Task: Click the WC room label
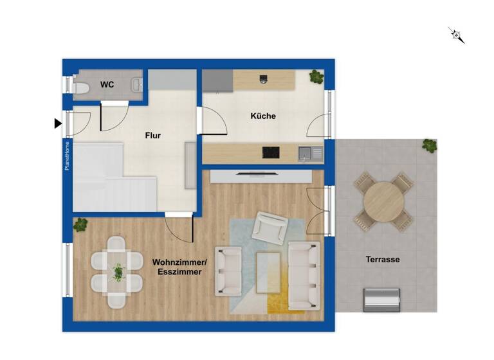pyautogui.click(x=107, y=84)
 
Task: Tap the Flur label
pyautogui.click(x=152, y=136)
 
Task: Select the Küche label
pyautogui.click(x=263, y=116)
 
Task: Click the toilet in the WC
pyautogui.click(x=81, y=88)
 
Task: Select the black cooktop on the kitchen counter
pyautogui.click(x=271, y=152)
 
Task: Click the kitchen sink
pyautogui.click(x=310, y=153)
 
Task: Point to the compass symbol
pyautogui.click(x=457, y=35)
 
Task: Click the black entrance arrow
pyautogui.click(x=58, y=123)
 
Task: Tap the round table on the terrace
pyautogui.click(x=384, y=201)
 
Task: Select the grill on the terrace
pyautogui.click(x=383, y=299)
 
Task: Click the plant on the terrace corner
pyautogui.click(x=429, y=145)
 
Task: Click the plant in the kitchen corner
pyautogui.click(x=316, y=77)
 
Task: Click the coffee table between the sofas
pyautogui.click(x=268, y=272)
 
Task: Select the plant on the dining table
pyautogui.click(x=118, y=272)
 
